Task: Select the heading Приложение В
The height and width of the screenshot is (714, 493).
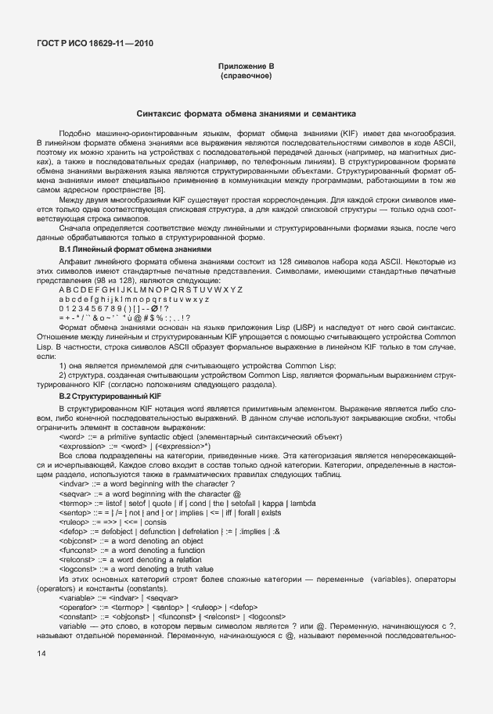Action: (246, 68)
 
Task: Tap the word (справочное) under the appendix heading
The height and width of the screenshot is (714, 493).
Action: (246, 77)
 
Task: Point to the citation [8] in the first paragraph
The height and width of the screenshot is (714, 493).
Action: (159, 190)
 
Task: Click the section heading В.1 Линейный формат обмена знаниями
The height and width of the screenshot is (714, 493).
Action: (134, 249)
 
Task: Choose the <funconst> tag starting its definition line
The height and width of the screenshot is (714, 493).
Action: (78, 550)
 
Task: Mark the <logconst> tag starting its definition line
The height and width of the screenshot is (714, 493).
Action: (77, 569)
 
